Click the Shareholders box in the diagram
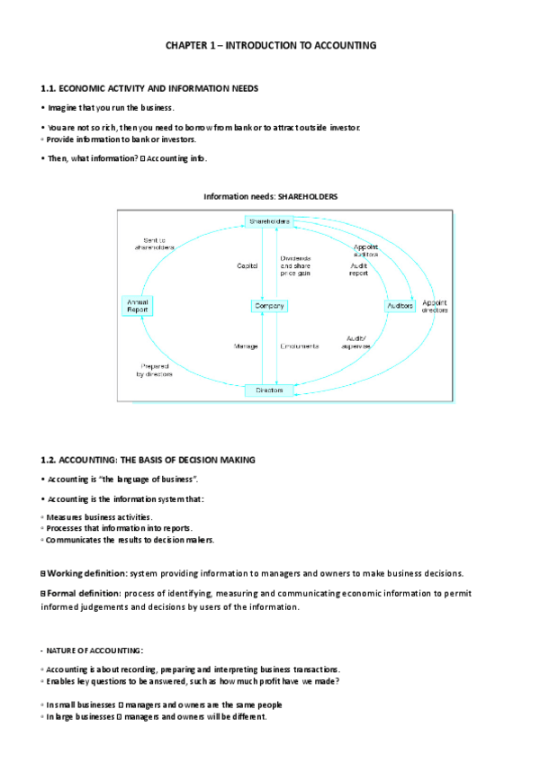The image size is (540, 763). pos(268,221)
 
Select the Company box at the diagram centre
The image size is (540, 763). pos(268,306)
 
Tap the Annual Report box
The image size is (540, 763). pos(138,305)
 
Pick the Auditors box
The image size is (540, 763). pos(400,306)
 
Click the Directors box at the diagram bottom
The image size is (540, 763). pos(268,390)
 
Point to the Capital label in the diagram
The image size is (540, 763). pos(247,265)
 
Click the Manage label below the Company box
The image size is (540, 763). pos(246,346)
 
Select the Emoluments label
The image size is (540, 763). pos(299,346)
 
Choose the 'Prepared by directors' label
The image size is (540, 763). pos(156,369)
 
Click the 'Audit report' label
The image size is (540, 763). pos(359,269)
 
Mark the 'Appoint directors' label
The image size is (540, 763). pos(435,306)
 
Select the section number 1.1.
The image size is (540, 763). pos(49,88)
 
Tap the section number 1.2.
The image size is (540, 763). pos(49,460)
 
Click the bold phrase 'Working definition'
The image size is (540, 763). pos(86,573)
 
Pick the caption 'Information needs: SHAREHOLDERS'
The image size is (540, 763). pos(271,196)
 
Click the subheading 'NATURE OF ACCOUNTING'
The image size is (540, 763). pos(94,650)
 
